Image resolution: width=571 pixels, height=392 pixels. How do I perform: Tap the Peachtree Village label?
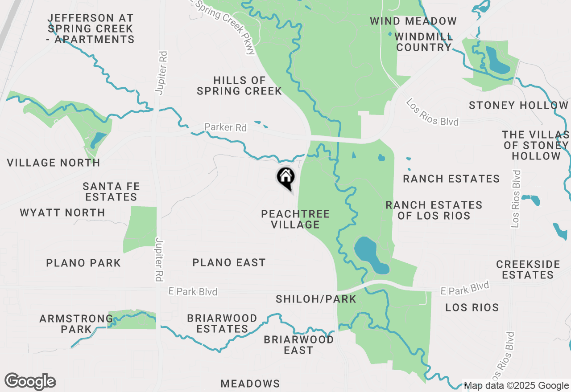pos(295,219)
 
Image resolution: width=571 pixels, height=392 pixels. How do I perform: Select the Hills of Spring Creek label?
pos(240,86)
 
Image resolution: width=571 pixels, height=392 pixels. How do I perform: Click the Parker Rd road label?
pos(225,128)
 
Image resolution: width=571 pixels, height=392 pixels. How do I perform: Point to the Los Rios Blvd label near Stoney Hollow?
pos(432,113)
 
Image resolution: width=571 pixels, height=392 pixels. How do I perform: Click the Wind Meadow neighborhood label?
pos(413,21)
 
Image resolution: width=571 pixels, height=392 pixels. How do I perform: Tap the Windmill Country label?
pos(423,42)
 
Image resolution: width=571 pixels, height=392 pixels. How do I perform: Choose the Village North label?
pos(54,163)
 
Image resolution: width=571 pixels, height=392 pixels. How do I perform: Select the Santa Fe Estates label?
pos(112,192)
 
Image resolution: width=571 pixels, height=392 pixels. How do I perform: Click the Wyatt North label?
pos(62,212)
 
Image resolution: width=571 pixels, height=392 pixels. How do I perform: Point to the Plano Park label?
pos(83,263)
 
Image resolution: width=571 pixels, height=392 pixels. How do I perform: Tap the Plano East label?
pos(229,263)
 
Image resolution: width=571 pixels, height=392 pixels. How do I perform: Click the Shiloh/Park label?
pos(316,299)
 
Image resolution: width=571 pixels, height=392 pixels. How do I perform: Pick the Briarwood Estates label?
pos(222,324)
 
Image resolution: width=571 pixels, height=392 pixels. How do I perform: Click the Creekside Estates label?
pos(528,269)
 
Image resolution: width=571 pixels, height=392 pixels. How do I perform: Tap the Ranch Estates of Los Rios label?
pos(434,210)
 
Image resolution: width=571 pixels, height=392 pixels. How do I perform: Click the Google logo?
pos(30,381)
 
